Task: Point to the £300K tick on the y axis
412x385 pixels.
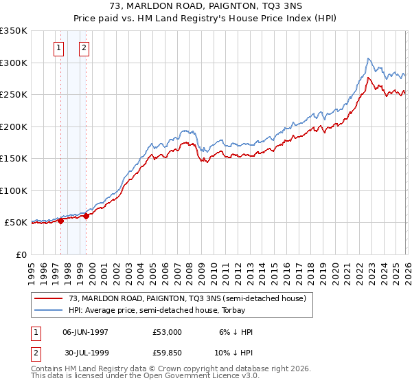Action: click(14, 63)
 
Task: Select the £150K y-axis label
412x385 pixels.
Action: click(14, 158)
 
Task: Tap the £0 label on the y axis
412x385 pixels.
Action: click(21, 254)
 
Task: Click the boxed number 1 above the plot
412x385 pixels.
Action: click(58, 47)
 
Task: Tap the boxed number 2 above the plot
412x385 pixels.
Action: click(84, 47)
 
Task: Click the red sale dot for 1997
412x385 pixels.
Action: click(61, 221)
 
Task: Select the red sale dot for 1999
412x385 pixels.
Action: click(87, 216)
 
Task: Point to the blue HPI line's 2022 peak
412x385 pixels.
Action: click(369, 58)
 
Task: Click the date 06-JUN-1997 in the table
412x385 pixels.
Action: click(85, 332)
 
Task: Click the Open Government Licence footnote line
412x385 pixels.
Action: click(144, 377)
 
